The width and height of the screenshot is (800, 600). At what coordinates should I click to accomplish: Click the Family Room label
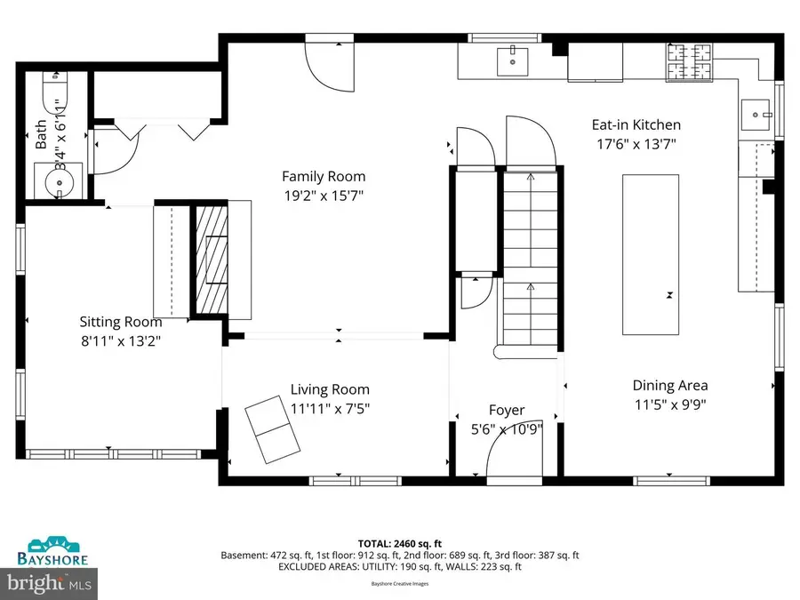click(x=324, y=176)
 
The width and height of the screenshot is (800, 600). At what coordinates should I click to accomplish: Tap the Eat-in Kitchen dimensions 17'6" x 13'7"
click(x=636, y=145)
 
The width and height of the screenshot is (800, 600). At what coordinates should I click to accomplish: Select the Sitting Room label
click(x=121, y=322)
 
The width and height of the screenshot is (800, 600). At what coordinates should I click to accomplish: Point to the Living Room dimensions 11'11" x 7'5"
click(x=330, y=408)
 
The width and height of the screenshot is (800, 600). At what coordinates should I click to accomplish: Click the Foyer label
click(x=507, y=410)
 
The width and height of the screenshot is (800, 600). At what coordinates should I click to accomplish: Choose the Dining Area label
click(x=670, y=385)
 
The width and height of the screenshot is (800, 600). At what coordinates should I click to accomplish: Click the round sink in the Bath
click(x=58, y=183)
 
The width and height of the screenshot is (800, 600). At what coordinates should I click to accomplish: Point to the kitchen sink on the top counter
click(x=510, y=61)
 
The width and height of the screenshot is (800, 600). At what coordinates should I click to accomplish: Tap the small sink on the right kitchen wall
click(x=757, y=113)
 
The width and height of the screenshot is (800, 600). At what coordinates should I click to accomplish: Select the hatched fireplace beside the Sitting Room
click(x=211, y=259)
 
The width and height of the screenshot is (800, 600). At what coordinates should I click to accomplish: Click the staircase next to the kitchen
click(x=529, y=258)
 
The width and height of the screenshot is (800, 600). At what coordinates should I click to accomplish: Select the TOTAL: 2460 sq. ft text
click(x=399, y=541)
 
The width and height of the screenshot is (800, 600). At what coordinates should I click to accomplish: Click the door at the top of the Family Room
click(x=327, y=61)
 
